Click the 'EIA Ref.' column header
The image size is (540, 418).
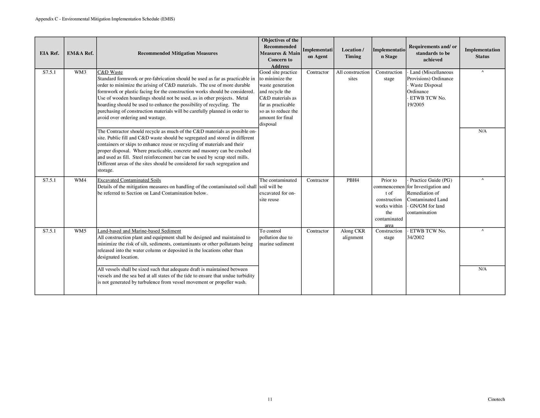pos(49,53)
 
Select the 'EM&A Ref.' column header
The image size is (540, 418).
pos(80,53)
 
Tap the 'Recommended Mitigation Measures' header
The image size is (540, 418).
pos(178,53)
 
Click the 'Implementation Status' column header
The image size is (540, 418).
pos(482,53)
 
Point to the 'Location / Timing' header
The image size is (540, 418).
pos(353,53)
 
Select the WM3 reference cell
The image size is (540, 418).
pos(80,72)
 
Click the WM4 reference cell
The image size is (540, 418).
pos(80,180)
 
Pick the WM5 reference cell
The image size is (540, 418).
pos(80,231)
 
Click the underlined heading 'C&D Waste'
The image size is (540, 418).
pos(110,72)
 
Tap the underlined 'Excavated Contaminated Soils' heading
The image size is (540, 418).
pos(129,180)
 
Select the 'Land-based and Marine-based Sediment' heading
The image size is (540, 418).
pos(139,231)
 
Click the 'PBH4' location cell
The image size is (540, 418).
pos(353,180)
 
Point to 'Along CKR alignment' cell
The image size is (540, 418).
pos(353,234)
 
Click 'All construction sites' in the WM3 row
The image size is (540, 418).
pos(353,75)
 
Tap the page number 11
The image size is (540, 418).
pos(270,399)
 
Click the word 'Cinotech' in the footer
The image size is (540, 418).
pos(496,399)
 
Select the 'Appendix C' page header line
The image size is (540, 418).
pos(105,19)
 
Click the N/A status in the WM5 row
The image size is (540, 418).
pos(482,269)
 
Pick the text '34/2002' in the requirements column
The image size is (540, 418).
pos(416,238)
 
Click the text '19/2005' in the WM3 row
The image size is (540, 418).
pos(416,105)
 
